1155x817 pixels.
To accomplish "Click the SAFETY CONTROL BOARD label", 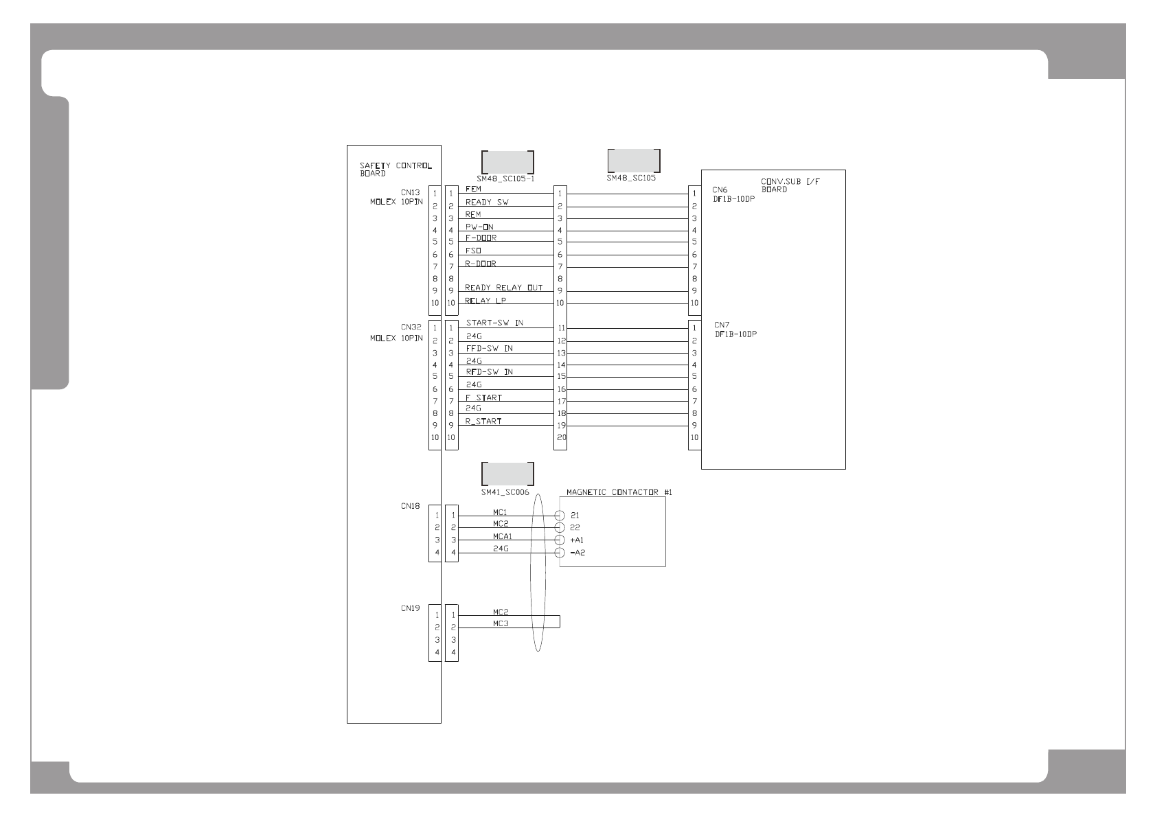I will click(396, 170).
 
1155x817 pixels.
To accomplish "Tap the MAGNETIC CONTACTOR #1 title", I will click(619, 492).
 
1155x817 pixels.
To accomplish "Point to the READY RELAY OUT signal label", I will click(503, 288).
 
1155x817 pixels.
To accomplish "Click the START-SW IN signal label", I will click(494, 323).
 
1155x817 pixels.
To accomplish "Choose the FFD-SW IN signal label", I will click(489, 348).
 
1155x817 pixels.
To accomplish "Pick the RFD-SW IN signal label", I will click(489, 371).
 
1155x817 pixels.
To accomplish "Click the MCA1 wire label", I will click(502, 536).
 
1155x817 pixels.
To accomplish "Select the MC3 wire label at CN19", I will click(501, 623).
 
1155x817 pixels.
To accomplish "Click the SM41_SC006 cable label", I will click(505, 492).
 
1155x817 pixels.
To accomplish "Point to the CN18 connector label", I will click(410, 506).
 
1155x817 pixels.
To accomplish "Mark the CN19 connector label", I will click(410, 608).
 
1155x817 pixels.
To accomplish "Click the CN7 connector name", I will click(722, 325).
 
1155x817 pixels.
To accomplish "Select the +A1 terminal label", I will click(577, 540).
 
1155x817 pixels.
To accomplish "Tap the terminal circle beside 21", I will click(560, 516).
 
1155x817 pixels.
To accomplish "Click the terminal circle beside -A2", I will click(560, 553).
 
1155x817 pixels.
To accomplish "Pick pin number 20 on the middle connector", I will click(561, 437).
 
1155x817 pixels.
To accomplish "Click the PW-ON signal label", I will click(479, 227).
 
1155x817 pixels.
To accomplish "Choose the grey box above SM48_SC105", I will click(634, 160).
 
